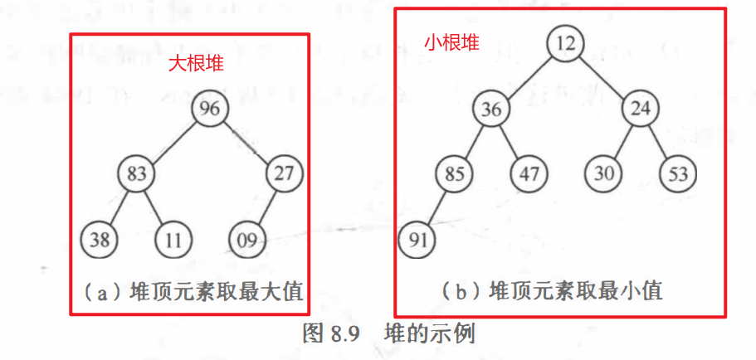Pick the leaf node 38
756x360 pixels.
coord(100,241)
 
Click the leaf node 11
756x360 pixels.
coord(173,241)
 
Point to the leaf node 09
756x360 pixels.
coord(247,241)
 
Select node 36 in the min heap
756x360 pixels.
coord(493,109)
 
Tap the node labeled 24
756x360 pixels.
coord(640,109)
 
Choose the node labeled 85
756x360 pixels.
coord(455,174)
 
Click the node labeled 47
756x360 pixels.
coord(529,174)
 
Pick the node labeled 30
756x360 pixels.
coord(603,174)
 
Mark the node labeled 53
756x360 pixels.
coord(678,174)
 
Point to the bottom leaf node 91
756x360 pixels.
coord(417,241)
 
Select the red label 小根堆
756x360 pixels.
coord(451,42)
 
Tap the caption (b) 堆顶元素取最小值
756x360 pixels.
coord(551,291)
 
